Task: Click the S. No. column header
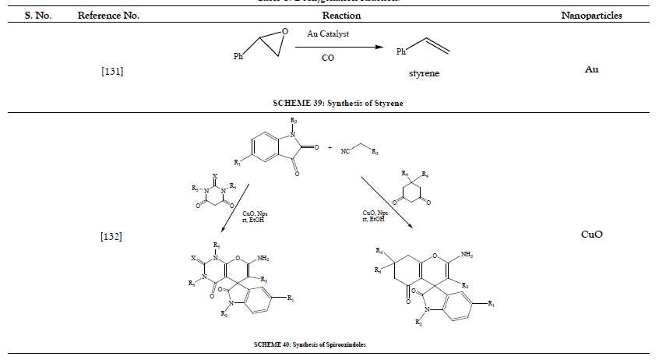37,16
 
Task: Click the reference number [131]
112,72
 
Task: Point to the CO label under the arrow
329,57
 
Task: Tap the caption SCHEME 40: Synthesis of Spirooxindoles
309,344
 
